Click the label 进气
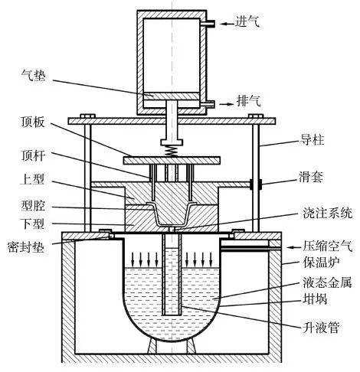(247, 21)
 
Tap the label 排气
(249, 101)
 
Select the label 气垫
(33, 75)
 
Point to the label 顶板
(33, 122)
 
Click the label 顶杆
(33, 155)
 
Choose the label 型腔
(33, 206)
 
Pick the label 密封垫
(26, 247)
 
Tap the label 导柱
(313, 140)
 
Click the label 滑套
(311, 177)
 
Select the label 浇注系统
(328, 213)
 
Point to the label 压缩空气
(328, 246)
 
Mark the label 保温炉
(321, 263)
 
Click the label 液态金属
(328, 282)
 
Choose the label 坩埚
(315, 299)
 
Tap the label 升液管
(321, 327)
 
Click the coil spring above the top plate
(172, 152)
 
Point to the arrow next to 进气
(227, 24)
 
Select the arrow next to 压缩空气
(294, 247)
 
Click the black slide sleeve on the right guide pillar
(256, 184)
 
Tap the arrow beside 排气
(227, 104)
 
